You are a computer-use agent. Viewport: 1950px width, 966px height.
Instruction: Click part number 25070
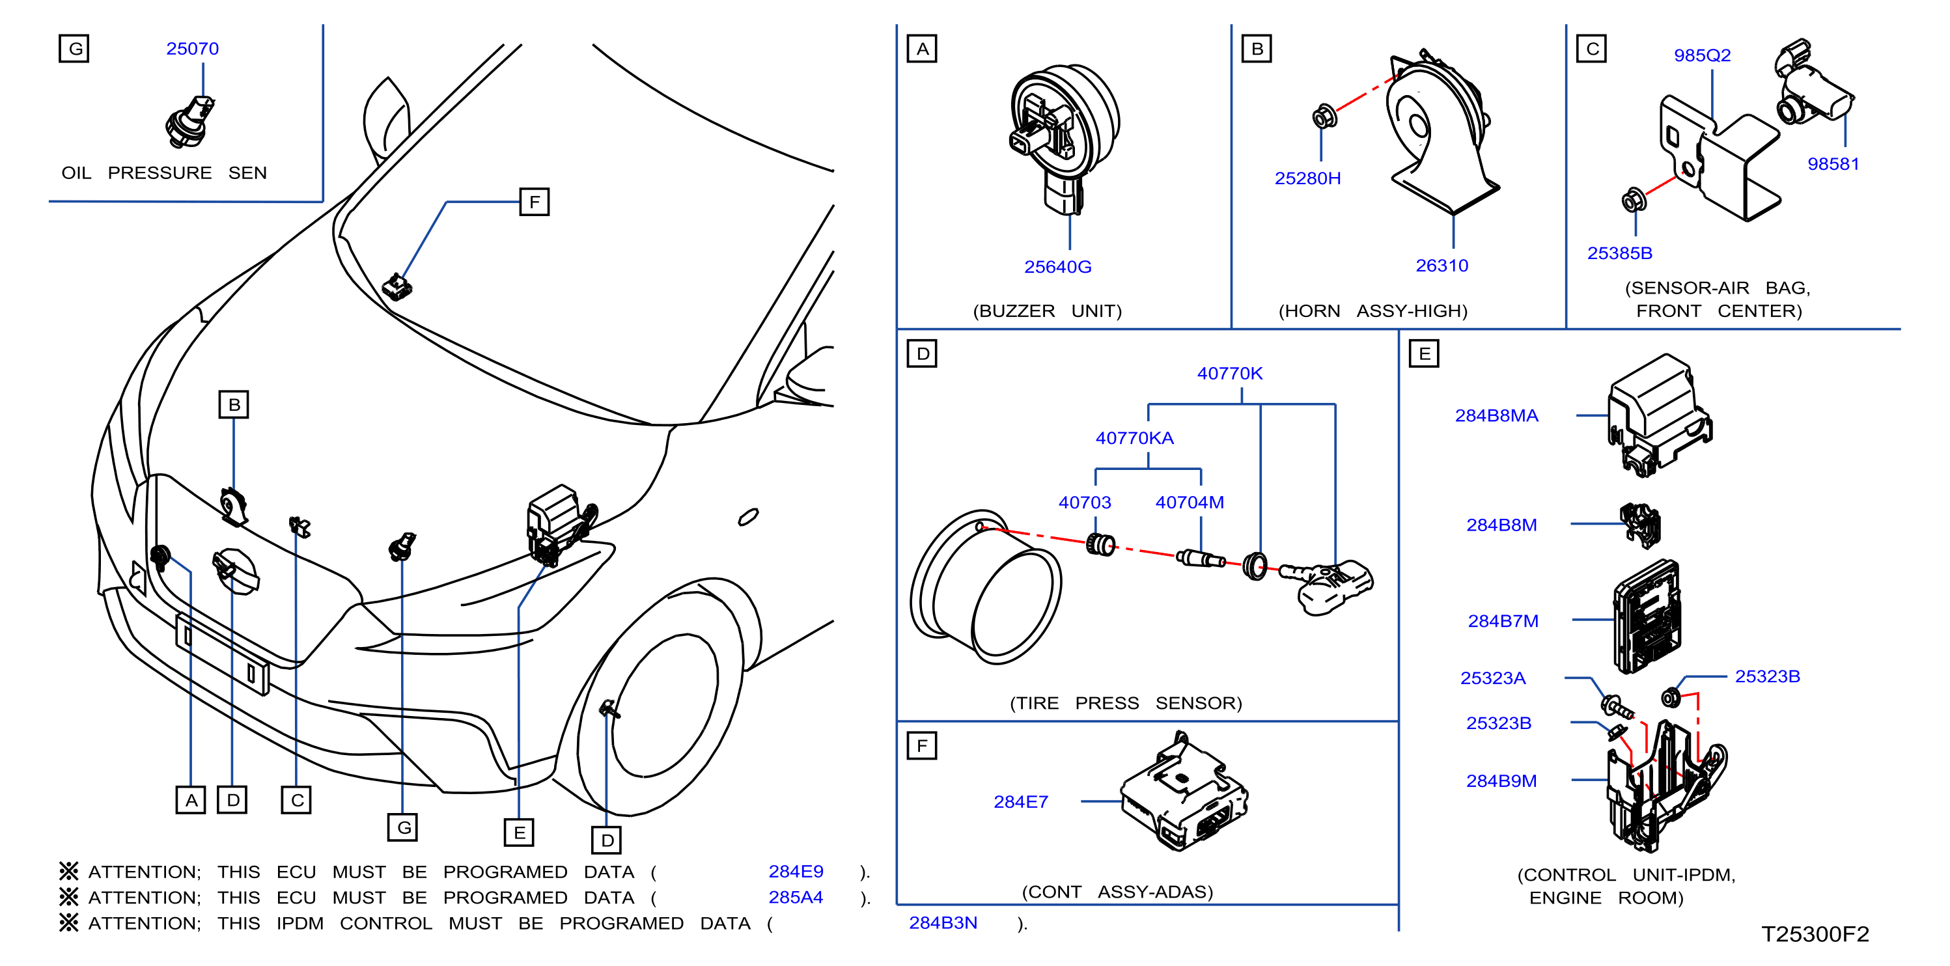pos(192,48)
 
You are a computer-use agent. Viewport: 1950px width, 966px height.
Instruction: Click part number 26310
pos(1442,266)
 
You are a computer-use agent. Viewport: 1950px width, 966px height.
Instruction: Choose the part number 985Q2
pos(1702,55)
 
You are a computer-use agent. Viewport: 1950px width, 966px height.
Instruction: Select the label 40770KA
pos(1134,437)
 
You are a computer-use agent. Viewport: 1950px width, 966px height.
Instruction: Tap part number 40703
pos(1084,502)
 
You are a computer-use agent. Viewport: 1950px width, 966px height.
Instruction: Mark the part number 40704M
pos(1190,502)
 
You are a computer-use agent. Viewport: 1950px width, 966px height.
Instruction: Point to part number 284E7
pos(1020,802)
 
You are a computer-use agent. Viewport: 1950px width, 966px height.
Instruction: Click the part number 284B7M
pos(1503,621)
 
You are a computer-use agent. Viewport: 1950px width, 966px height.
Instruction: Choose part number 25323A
pos(1492,678)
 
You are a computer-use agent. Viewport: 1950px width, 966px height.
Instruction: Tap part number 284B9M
pos(1501,780)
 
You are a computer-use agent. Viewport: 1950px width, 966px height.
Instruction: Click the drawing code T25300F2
pos(1815,933)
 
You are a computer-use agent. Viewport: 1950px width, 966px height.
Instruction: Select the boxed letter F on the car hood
pos(535,202)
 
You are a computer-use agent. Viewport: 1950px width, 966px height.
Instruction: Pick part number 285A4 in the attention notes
pos(796,897)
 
